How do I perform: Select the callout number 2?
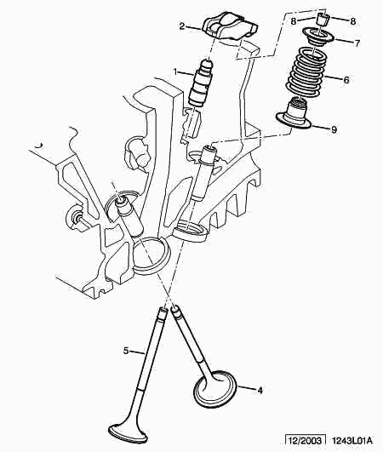[182, 26]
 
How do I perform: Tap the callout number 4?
[260, 391]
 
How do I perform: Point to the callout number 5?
[126, 351]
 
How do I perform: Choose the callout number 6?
[346, 80]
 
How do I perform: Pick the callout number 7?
[357, 43]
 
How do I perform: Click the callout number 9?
[334, 129]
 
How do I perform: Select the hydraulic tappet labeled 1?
[200, 83]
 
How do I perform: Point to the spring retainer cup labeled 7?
[317, 37]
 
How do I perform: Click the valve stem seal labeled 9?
[294, 115]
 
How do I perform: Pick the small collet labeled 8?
[323, 20]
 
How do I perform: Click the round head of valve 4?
[215, 388]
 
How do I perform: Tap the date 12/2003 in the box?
[305, 440]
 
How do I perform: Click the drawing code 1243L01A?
[352, 440]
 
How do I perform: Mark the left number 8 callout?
[294, 21]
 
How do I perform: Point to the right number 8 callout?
[353, 21]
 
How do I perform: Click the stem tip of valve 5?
[163, 311]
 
